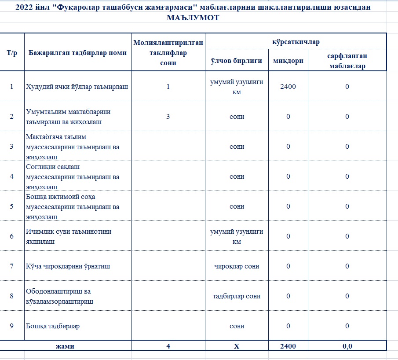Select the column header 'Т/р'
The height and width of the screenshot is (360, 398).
coord(12,53)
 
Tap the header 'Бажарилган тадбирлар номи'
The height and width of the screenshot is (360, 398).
coord(77,53)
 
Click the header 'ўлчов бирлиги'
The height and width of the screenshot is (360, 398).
coord(237,61)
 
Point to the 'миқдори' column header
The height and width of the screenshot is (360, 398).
coord(288,61)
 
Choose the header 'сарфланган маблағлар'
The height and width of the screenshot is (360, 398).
coord(347,61)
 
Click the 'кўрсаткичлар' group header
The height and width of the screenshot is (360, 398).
coord(296,42)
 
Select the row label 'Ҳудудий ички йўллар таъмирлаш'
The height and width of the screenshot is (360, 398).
coord(77,86)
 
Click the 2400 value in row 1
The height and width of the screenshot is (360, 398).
coord(288,86)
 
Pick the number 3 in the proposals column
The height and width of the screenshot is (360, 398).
coord(168,117)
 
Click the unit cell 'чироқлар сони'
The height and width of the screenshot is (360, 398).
coord(237,266)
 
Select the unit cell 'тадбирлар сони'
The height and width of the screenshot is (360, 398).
coord(237,296)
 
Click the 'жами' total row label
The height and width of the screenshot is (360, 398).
coord(65,346)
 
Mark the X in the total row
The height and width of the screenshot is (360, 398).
coord(237,346)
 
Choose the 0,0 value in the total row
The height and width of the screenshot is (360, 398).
coord(347,346)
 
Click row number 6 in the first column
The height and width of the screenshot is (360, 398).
coord(12,236)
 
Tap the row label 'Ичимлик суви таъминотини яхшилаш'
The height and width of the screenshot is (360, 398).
coord(66,236)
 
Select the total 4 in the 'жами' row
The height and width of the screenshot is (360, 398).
coord(168,346)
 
